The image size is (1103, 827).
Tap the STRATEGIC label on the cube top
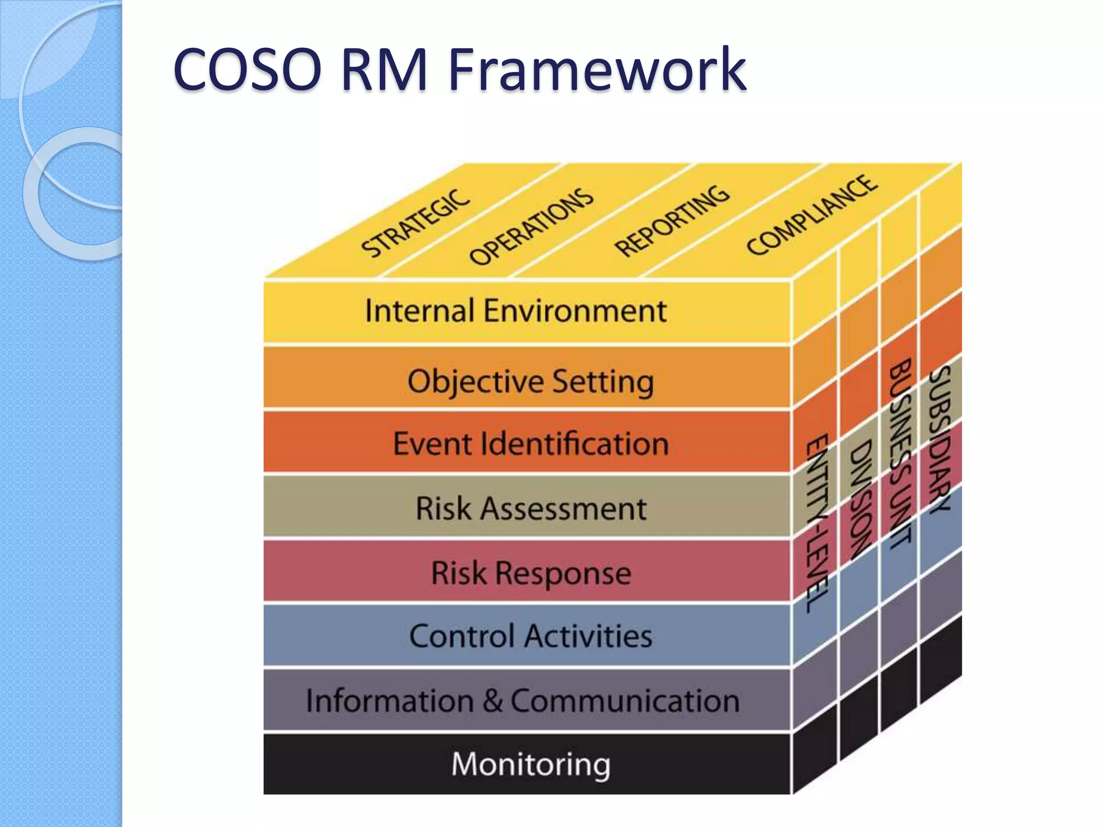[415, 223]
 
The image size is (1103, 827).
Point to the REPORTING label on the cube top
[672, 221]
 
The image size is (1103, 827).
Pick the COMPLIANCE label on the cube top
[812, 215]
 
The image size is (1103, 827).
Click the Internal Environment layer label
[515, 311]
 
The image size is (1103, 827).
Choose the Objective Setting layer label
[530, 381]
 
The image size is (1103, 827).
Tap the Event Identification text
[530, 444]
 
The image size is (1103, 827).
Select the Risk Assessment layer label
[530, 508]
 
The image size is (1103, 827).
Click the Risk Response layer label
[530, 572]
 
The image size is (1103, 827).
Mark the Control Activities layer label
[530, 636]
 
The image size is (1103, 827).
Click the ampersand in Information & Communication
[492, 700]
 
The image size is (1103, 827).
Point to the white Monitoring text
[530, 764]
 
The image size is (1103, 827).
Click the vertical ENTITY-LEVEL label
[817, 522]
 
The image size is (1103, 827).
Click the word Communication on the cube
[625, 700]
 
